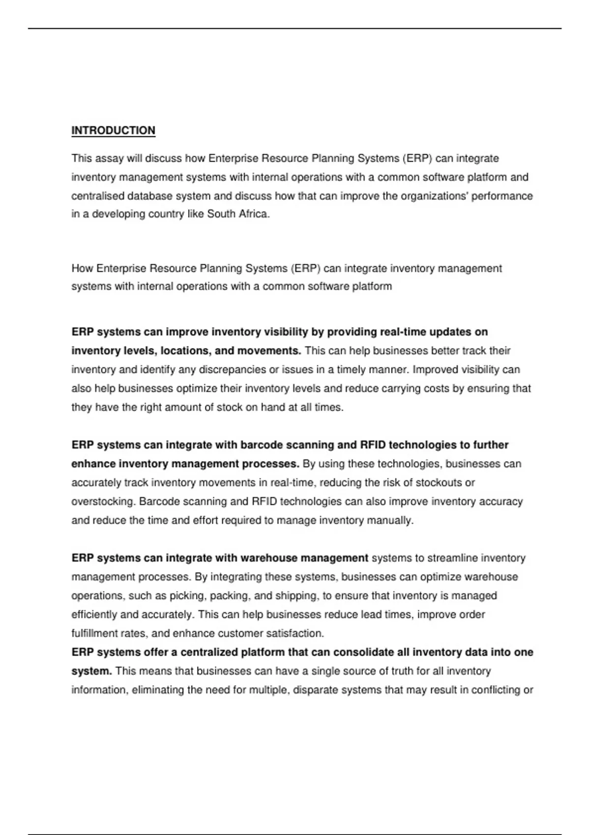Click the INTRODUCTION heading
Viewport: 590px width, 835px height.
[x=113, y=131]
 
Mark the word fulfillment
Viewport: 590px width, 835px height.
[x=94, y=634]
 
